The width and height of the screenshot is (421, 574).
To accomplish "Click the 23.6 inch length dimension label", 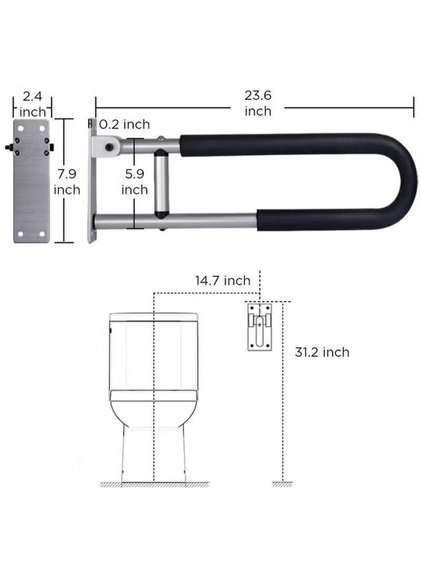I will (x=258, y=103).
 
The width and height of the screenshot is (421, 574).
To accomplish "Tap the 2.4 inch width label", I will (x=33, y=104).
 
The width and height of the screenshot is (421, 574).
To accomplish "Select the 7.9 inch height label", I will (x=67, y=182).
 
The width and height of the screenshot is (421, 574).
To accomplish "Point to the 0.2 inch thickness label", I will (x=125, y=124).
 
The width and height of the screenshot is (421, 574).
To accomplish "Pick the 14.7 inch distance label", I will (x=223, y=280).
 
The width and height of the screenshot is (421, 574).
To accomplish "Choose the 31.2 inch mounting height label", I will (x=322, y=352).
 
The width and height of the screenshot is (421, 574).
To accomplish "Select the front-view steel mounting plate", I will (x=32, y=182).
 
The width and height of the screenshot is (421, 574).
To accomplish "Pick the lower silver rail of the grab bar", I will (x=174, y=218).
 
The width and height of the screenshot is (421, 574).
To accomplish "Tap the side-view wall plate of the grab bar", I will (x=92, y=182).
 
